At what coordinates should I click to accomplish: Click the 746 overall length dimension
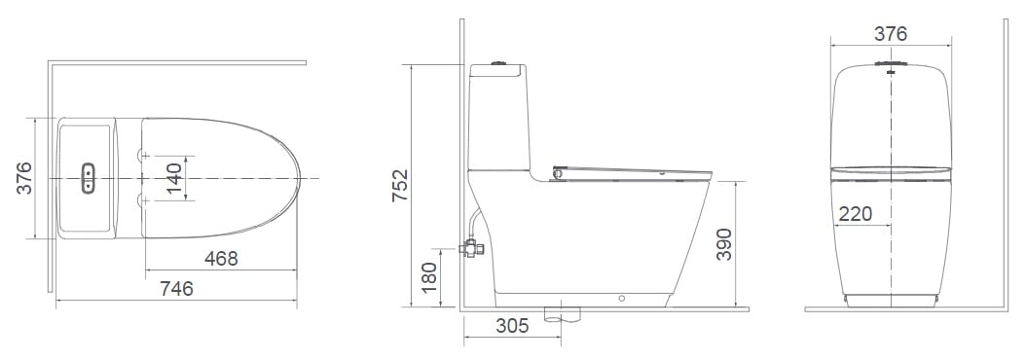pyautogui.click(x=176, y=289)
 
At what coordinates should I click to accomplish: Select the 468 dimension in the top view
pyautogui.click(x=221, y=258)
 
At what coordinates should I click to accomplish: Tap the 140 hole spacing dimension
pyautogui.click(x=175, y=179)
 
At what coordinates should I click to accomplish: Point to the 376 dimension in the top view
pyautogui.click(x=25, y=179)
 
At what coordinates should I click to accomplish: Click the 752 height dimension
pyautogui.click(x=400, y=186)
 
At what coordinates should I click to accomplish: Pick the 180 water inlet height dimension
pyautogui.click(x=429, y=277)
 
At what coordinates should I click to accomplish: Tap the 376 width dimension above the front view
pyautogui.click(x=890, y=34)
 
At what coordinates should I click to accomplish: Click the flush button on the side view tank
pyautogui.click(x=500, y=64)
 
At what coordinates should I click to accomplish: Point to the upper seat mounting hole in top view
pyautogui.click(x=144, y=154)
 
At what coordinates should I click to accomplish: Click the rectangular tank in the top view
pyautogui.click(x=88, y=179)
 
